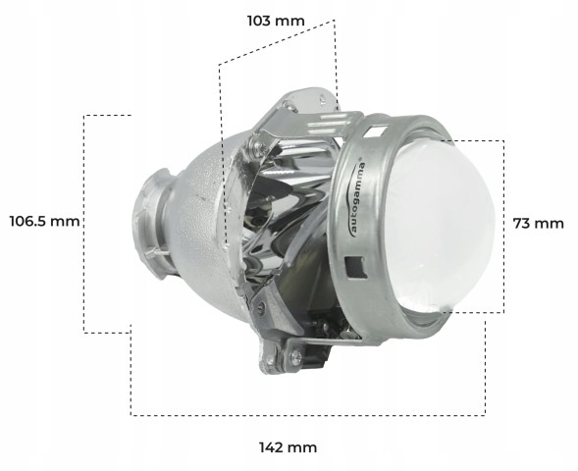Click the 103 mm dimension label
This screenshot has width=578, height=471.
pyautogui.click(x=277, y=20)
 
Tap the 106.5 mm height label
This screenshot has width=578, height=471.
pyautogui.click(x=44, y=221)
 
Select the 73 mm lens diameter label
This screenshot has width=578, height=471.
pyautogui.click(x=538, y=223)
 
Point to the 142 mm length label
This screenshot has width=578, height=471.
pyautogui.click(x=288, y=447)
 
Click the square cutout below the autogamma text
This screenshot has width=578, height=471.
pyautogui.click(x=354, y=264)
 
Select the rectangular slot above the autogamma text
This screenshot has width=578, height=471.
pyautogui.click(x=377, y=127)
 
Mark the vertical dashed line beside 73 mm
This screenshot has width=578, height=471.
pyautogui.click(x=503, y=226)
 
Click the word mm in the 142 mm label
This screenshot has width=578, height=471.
pyautogui.click(x=304, y=447)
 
